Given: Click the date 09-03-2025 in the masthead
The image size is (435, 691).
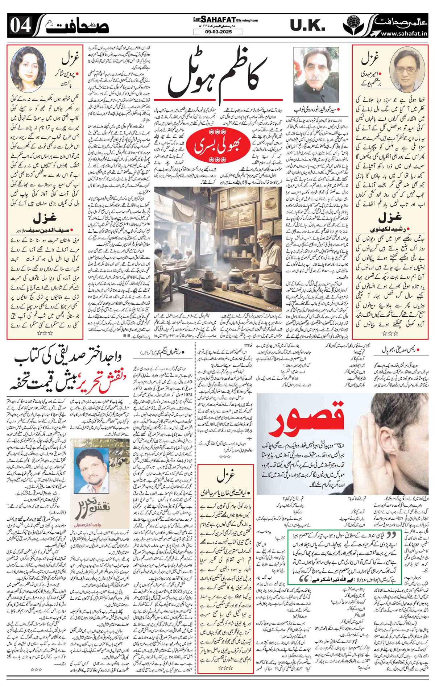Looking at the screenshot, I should point(217,32).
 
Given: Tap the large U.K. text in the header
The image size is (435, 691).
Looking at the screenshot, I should point(307,25).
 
